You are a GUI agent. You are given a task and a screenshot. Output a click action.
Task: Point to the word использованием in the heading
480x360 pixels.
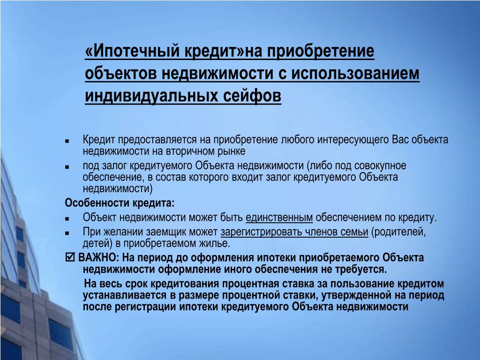(355, 74)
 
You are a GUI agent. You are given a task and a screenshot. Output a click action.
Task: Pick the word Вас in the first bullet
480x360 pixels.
(400, 140)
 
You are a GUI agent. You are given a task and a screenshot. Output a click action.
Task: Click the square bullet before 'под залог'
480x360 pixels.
(67, 167)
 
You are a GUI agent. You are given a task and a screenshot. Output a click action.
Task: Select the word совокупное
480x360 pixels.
(380, 165)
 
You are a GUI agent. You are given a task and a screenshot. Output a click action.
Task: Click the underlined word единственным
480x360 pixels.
(279, 217)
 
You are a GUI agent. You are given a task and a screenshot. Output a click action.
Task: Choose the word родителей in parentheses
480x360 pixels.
(398, 232)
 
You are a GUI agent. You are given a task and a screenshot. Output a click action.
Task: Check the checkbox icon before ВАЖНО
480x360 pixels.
(70, 257)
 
